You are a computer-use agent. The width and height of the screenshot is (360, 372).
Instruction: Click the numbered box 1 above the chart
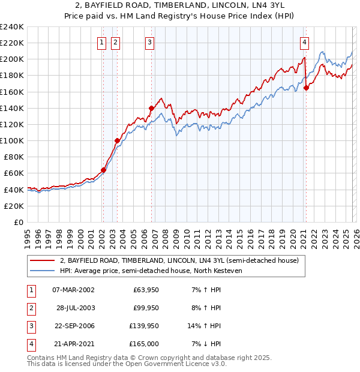click(101, 42)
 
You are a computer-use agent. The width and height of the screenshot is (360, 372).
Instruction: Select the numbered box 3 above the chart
click(149, 42)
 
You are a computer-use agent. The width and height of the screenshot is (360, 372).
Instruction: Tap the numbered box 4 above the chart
click(305, 42)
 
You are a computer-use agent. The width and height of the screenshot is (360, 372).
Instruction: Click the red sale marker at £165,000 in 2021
click(306, 88)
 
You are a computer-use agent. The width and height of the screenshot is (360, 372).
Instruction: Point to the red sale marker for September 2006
click(151, 108)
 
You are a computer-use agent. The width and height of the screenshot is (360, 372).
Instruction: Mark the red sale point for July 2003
click(118, 140)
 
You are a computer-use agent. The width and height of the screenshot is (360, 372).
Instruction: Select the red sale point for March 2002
click(103, 170)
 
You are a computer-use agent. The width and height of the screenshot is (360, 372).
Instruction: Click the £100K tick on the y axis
click(12, 140)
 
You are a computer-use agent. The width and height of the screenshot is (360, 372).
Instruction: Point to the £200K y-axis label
click(12, 59)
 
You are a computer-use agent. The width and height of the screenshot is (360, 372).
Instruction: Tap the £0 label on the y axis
click(18, 222)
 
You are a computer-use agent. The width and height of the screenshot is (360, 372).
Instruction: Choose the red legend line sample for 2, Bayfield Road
click(43, 260)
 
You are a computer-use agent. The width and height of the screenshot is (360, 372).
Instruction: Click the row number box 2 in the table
click(29, 308)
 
